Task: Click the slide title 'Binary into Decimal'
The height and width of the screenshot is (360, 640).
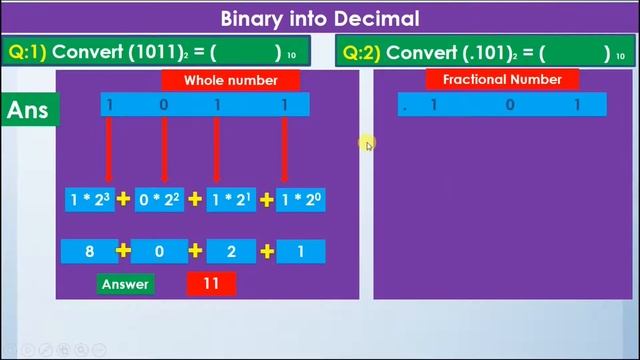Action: click(x=320, y=18)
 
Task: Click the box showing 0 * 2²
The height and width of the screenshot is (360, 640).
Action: click(x=160, y=199)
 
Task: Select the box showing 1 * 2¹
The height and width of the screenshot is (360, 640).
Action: click(x=231, y=199)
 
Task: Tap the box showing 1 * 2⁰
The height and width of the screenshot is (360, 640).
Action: click(x=300, y=199)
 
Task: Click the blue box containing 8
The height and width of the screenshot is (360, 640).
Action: click(x=90, y=251)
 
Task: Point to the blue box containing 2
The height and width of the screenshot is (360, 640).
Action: click(x=231, y=251)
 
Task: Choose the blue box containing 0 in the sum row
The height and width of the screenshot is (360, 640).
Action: click(x=160, y=251)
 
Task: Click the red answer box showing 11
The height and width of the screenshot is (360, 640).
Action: click(x=211, y=284)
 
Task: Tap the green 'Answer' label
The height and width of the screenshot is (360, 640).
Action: click(x=125, y=284)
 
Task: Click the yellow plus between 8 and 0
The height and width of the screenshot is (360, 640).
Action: click(x=124, y=251)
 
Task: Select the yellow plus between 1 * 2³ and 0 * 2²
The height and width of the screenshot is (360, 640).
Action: click(x=124, y=199)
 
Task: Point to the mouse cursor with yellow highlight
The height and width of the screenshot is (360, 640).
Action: click(x=368, y=145)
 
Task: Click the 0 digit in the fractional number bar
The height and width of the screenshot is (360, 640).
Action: click(x=509, y=104)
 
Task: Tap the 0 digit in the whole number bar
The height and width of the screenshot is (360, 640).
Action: click(x=165, y=104)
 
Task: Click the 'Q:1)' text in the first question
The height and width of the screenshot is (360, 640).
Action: click(x=27, y=51)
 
